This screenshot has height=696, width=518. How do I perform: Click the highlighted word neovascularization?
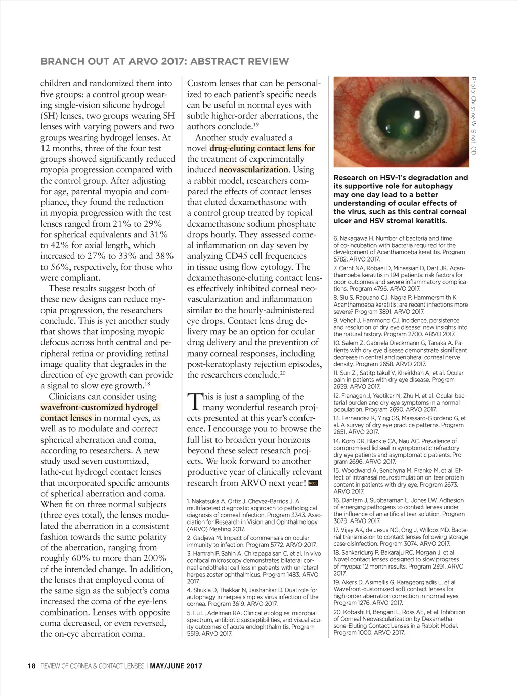pyautogui.click(x=253, y=170)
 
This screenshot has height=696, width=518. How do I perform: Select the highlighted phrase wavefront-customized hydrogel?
pyautogui.click(x=99, y=408)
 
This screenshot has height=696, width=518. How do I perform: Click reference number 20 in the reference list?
pyautogui.click(x=337, y=612)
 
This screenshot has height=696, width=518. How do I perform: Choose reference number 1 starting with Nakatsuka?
pyautogui.click(x=189, y=501)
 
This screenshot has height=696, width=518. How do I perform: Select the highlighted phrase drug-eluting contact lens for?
pyautogui.click(x=262, y=148)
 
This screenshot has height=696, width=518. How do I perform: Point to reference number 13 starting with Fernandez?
pyautogui.click(x=336, y=418)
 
